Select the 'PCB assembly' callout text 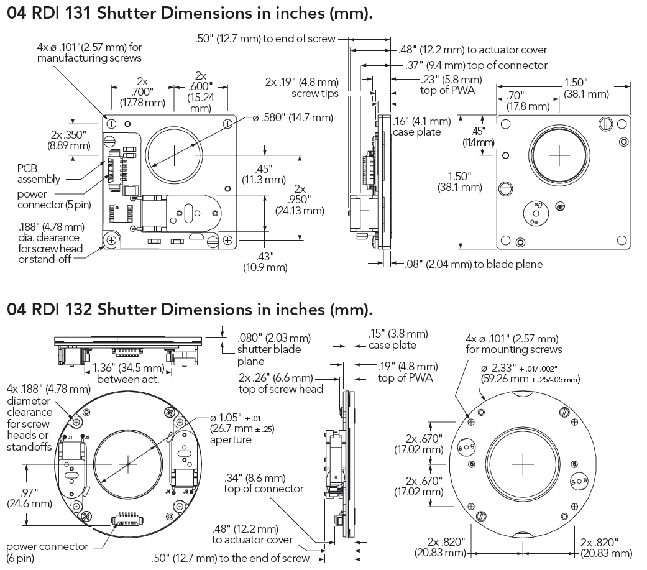click(x=39, y=173)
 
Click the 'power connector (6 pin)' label click(x=47, y=552)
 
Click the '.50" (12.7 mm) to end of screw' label click(x=265, y=39)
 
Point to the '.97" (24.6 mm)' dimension click(x=22, y=498)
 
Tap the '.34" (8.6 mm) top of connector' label click(x=264, y=483)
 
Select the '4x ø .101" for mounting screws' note click(x=513, y=344)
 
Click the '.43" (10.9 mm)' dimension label click(x=265, y=261)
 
